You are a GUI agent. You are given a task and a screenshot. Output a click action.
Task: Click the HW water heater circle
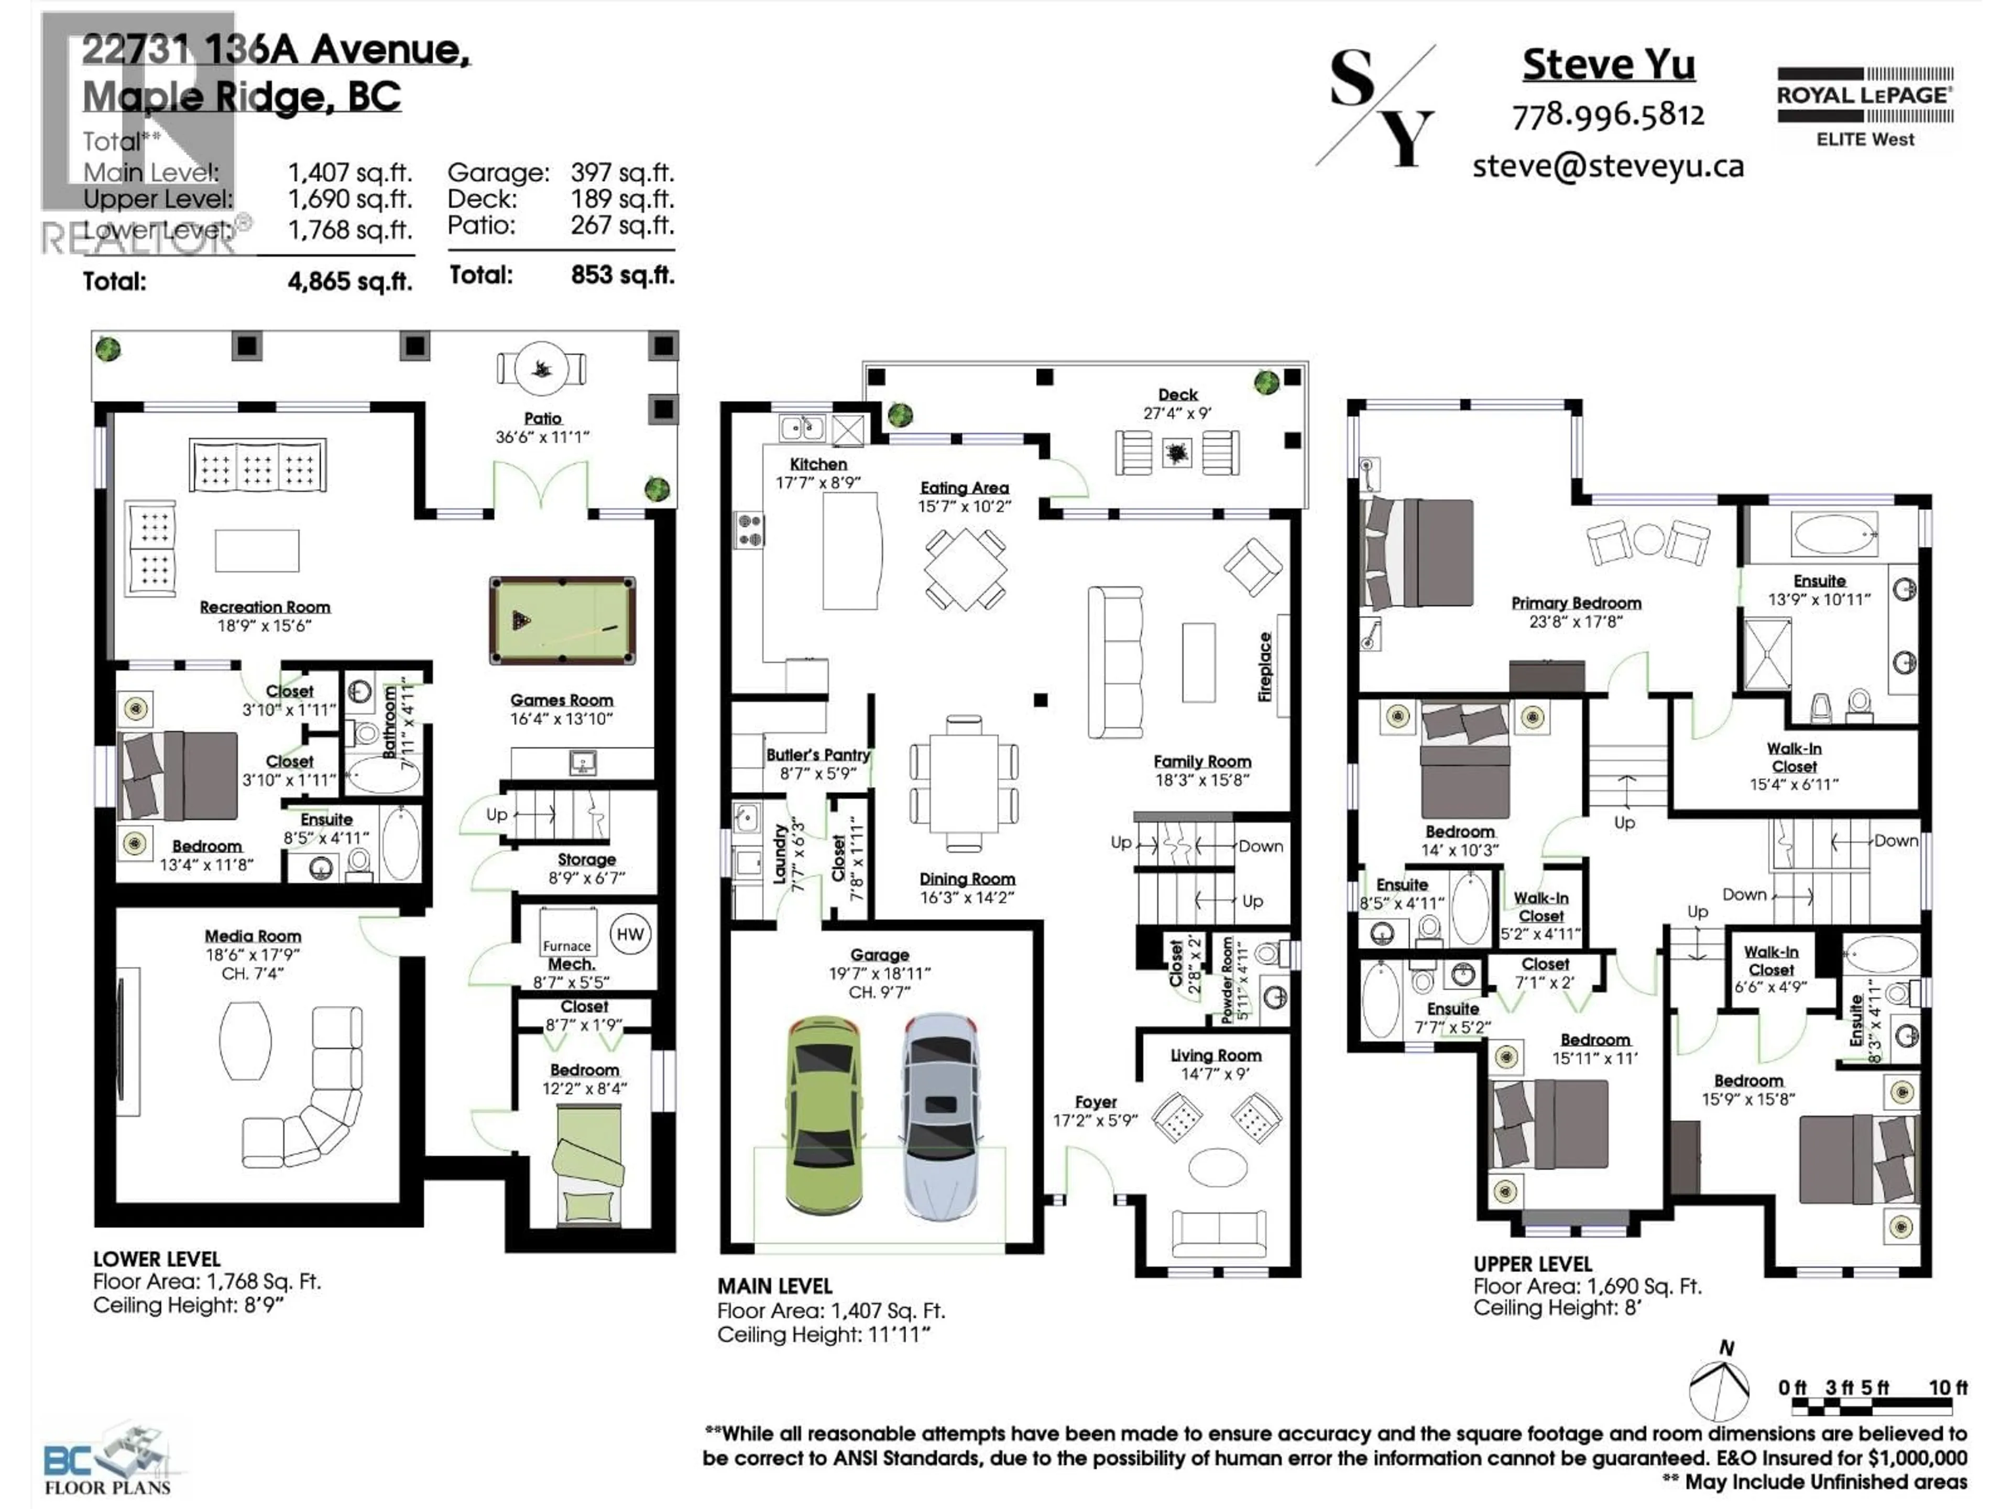(629, 934)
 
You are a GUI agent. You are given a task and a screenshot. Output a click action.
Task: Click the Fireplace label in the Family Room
(1264, 666)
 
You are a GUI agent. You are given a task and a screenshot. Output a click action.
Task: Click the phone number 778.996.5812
(1607, 115)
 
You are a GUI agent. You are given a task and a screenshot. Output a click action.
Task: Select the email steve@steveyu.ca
(1607, 166)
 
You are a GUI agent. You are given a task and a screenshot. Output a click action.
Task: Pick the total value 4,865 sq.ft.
(349, 281)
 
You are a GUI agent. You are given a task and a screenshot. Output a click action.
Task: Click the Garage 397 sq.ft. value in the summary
(622, 172)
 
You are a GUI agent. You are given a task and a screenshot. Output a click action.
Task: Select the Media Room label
(253, 936)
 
